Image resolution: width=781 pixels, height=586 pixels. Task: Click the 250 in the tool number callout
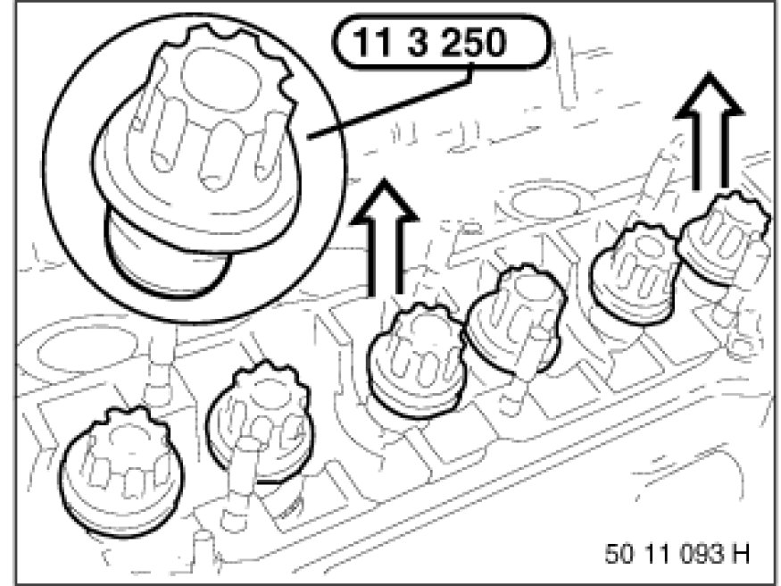473,42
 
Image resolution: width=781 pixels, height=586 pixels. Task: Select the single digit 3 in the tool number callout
418,42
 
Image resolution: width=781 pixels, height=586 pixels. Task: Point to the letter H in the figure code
741,553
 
